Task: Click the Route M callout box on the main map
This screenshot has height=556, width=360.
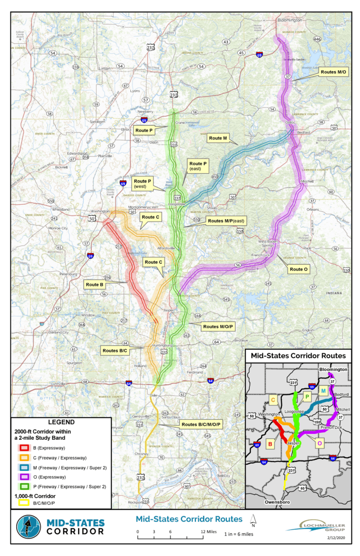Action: coord(217,138)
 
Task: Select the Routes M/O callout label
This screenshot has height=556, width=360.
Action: coord(333,72)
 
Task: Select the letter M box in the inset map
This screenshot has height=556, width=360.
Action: coord(323,391)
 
